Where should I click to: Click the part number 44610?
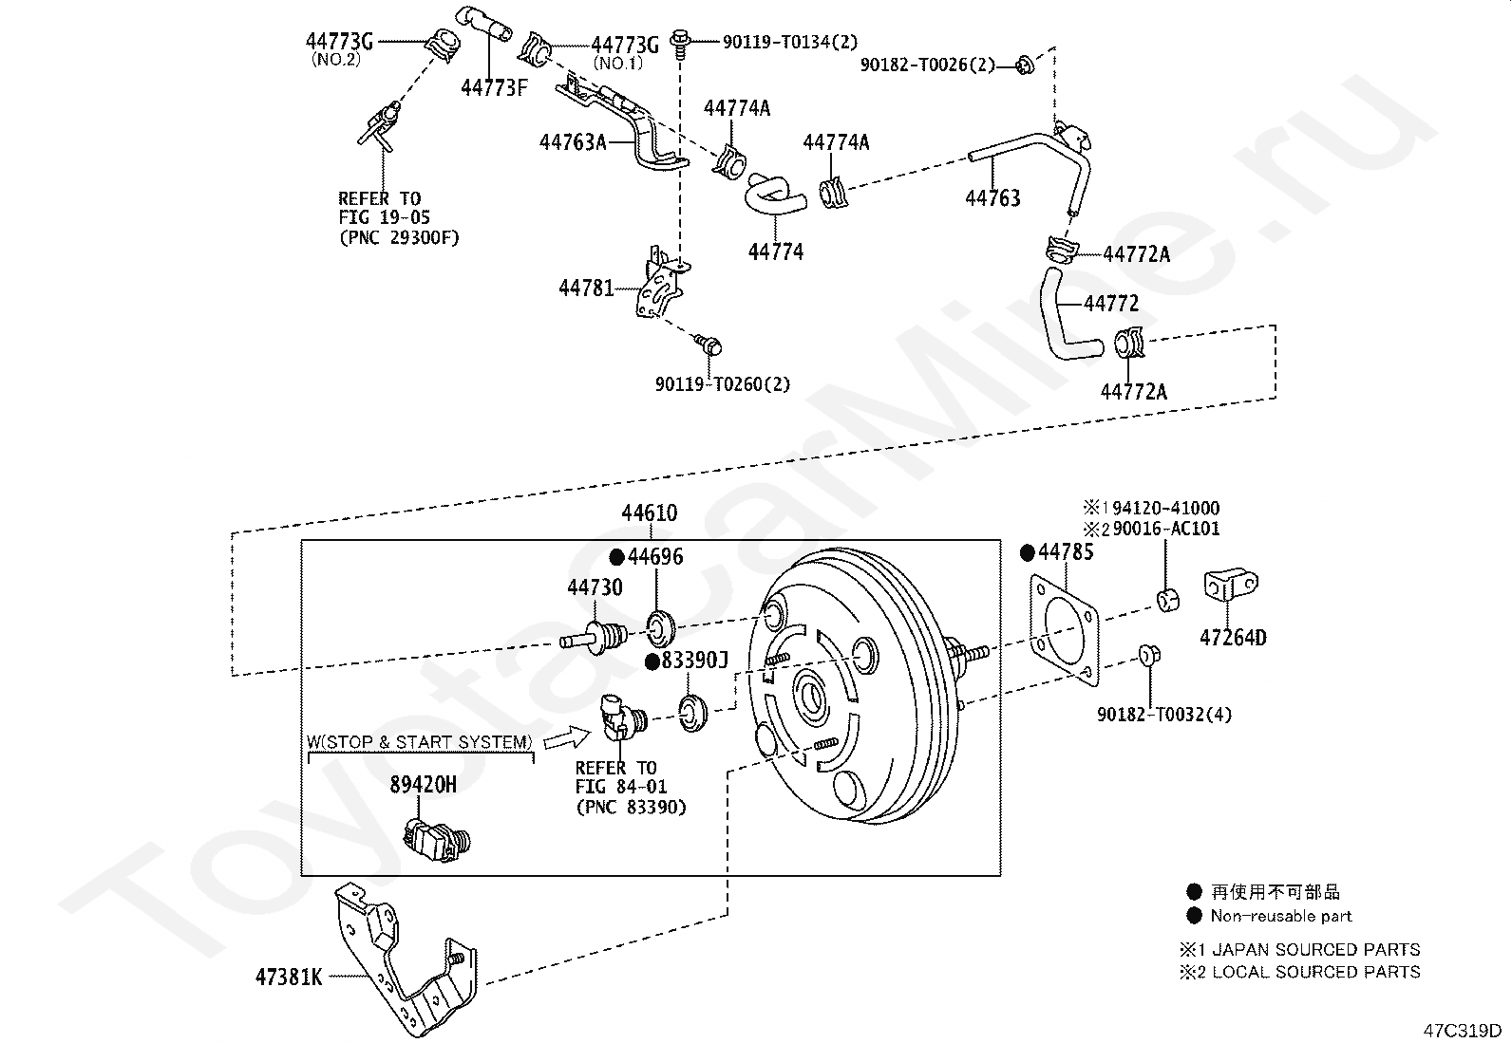[650, 513]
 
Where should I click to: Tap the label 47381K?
[288, 977]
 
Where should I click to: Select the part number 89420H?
[423, 784]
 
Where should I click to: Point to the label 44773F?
[493, 88]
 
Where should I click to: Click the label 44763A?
[573, 142]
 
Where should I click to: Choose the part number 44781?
[586, 288]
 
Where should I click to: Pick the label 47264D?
[1233, 637]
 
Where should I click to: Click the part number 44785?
[1066, 552]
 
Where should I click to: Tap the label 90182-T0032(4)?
[1164, 714]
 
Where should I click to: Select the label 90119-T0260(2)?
[723, 384]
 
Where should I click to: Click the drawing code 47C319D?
[1462, 1031]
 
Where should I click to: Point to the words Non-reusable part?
[1280, 916]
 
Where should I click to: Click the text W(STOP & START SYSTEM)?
[419, 742]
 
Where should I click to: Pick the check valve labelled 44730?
[596, 635]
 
